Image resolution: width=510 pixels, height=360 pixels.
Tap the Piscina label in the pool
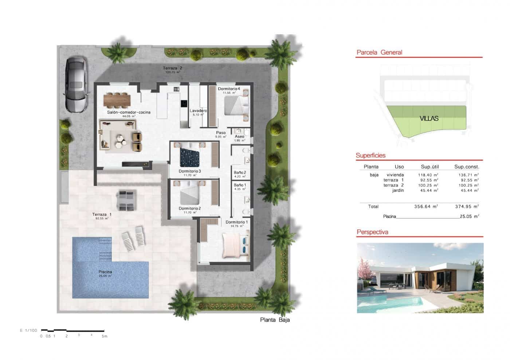tap(105, 272)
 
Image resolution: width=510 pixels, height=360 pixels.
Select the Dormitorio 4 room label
tap(229, 89)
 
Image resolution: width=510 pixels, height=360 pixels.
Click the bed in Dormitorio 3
tap(190, 158)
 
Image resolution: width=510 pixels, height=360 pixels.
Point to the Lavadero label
tap(198, 111)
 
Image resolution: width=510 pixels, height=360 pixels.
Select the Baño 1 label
tap(240, 185)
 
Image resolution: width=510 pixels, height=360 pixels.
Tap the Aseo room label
tap(239, 137)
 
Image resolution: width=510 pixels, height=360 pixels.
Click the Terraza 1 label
tap(102, 214)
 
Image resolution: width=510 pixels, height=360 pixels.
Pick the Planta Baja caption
tap(275, 320)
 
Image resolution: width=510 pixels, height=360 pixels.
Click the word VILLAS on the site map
tap(429, 118)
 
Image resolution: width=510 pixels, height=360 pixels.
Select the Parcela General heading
tap(379, 52)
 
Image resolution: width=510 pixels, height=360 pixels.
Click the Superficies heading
tap(370, 155)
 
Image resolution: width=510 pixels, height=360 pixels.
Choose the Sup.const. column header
tap(466, 167)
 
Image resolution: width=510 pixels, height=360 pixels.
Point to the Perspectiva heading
tap(372, 232)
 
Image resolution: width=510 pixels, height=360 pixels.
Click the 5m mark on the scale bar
tap(105, 336)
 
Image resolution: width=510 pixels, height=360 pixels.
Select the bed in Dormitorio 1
tap(235, 244)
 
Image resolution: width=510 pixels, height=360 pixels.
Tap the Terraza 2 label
tap(172, 68)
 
